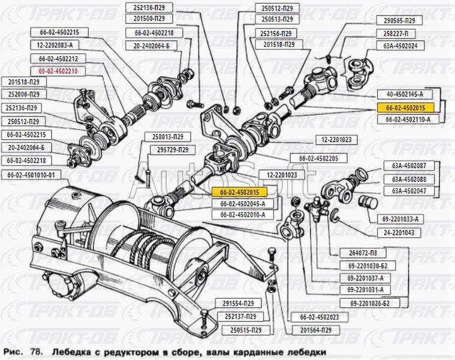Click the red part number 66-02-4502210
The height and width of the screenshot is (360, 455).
tap(62, 70)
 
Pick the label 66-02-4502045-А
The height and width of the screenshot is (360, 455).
tap(242, 203)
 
